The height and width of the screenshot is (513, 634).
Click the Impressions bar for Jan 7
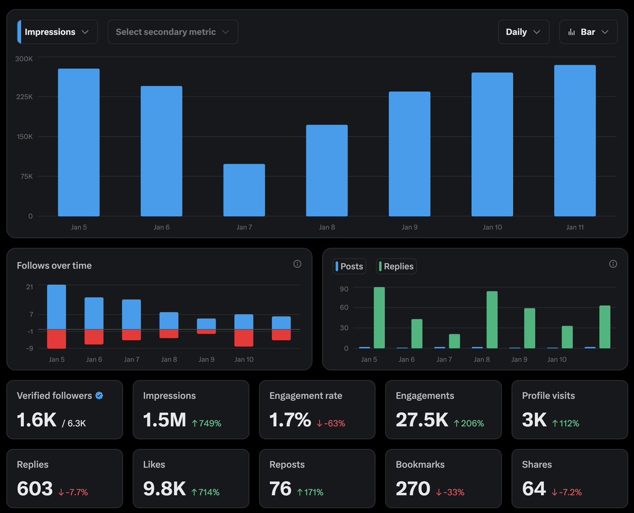click(x=244, y=190)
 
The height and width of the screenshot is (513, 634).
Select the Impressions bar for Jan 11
click(x=575, y=141)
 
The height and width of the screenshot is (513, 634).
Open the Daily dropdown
click(x=523, y=32)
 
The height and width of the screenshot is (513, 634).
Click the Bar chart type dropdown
click(x=588, y=32)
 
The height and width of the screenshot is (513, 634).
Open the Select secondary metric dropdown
click(x=173, y=32)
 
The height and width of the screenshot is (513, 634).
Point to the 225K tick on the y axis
click(x=23, y=97)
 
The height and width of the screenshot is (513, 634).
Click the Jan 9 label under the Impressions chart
click(x=409, y=227)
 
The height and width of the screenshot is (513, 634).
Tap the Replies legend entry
click(x=396, y=266)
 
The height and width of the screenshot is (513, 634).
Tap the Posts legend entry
click(x=349, y=266)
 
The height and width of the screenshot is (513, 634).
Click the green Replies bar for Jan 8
click(x=492, y=320)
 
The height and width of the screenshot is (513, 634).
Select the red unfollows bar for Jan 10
click(x=244, y=338)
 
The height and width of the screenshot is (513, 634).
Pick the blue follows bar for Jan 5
click(x=57, y=307)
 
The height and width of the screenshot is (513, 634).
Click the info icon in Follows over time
click(x=297, y=264)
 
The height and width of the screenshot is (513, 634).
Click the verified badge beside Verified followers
click(x=99, y=396)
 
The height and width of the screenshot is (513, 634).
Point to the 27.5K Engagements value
click(x=422, y=420)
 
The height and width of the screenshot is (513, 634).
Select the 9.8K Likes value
click(x=164, y=489)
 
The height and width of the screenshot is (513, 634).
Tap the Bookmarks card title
click(x=420, y=464)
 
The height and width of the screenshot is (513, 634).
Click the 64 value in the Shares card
click(x=534, y=489)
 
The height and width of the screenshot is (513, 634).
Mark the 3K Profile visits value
click(x=534, y=420)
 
